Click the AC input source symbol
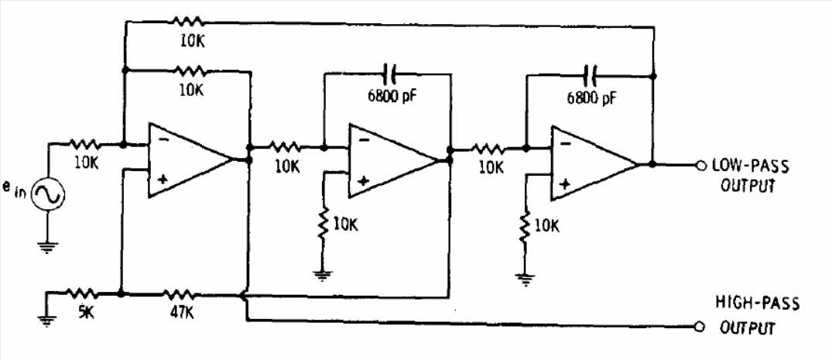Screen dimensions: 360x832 (48, 195)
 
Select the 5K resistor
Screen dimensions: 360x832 (80, 293)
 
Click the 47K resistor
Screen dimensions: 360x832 (180, 293)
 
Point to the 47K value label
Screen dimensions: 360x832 (180, 314)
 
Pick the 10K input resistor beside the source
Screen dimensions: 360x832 (84, 143)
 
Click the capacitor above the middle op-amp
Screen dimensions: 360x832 (390, 74)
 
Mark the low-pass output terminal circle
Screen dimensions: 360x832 (700, 164)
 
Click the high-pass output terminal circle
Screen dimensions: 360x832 (700, 327)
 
